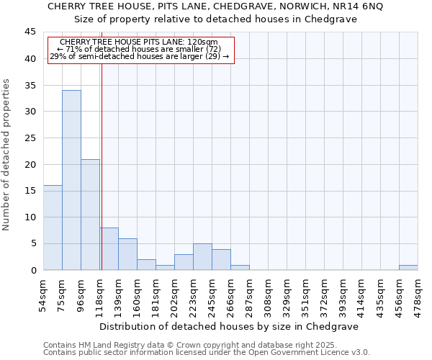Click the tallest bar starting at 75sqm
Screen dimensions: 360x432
[x=71, y=180]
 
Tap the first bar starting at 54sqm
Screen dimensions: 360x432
[x=53, y=228]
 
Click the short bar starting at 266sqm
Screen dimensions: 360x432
[x=240, y=268]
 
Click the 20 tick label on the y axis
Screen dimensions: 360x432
[x=30, y=165]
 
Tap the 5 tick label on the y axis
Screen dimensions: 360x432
[x=33, y=244]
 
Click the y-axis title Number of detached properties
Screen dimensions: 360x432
[x=7, y=155]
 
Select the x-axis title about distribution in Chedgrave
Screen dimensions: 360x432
[x=230, y=326]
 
